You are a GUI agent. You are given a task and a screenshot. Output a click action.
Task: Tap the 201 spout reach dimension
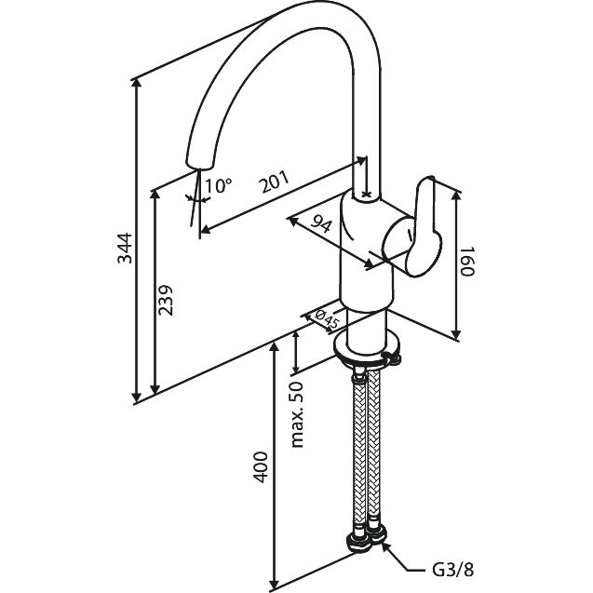tap(274, 182)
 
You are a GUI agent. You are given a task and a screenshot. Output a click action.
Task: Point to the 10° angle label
tap(217, 185)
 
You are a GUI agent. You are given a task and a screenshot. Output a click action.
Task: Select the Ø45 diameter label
tap(327, 319)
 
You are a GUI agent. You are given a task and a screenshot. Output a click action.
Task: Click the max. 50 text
tap(299, 413)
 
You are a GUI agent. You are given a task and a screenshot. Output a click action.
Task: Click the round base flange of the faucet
tap(369, 349)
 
